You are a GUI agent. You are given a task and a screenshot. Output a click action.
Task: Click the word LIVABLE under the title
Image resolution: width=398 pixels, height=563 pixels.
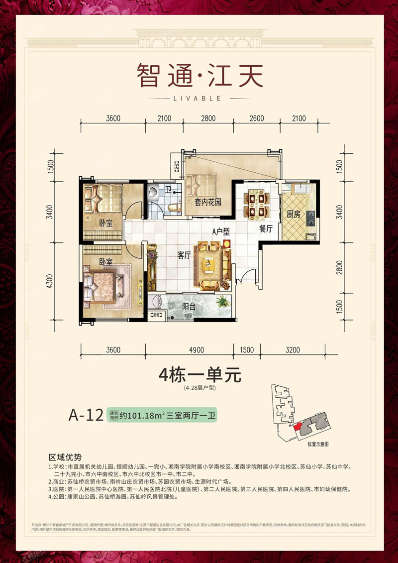(x=199, y=98)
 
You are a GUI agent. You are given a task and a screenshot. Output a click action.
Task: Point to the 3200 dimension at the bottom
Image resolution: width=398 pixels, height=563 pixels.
(x=293, y=350)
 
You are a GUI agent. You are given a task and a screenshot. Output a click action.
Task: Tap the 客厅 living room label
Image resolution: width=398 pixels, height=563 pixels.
(x=185, y=255)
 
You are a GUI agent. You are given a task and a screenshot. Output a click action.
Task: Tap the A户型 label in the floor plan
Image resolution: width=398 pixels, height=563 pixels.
(x=220, y=231)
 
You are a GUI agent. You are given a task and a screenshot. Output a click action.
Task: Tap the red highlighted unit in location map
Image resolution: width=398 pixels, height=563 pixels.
(x=298, y=427)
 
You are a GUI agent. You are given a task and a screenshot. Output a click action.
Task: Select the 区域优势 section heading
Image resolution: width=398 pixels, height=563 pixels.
(x=65, y=456)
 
